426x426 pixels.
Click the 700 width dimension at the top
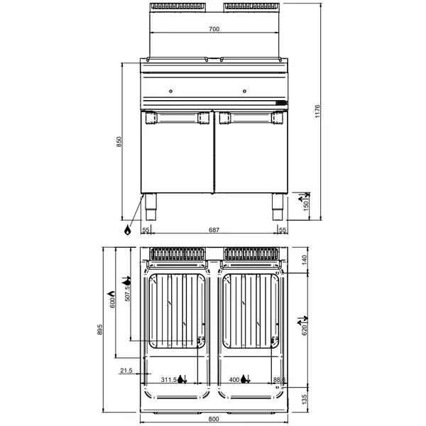click(x=214, y=29)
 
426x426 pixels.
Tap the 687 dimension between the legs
click(x=214, y=230)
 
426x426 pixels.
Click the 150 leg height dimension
click(x=307, y=204)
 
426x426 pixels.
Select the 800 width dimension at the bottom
click(x=214, y=419)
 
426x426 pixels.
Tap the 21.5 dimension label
click(x=127, y=370)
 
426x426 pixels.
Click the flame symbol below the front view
click(x=127, y=230)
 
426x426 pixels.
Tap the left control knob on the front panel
click(x=172, y=91)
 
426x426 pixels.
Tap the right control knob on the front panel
click(x=246, y=91)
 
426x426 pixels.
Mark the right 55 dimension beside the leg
click(x=283, y=230)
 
